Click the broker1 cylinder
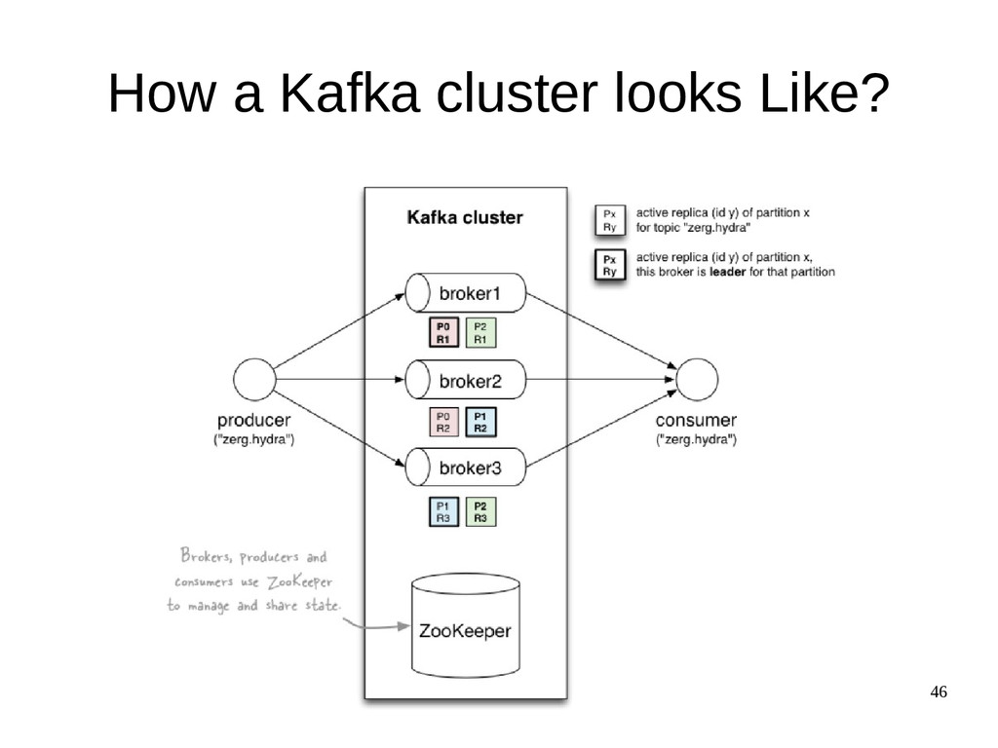466,293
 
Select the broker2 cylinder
466,380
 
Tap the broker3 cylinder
466,467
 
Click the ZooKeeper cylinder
466,625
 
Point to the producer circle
254,380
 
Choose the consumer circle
697,380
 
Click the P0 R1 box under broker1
443,333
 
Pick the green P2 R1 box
480,333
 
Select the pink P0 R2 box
443,423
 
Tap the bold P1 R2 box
480,423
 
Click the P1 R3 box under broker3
443,512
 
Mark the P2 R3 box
480,512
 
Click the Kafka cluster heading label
465,217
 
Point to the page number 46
939,692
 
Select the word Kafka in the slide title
350,93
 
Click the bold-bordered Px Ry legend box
610,266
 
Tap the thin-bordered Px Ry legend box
610,221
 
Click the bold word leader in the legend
727,273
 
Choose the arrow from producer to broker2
340,380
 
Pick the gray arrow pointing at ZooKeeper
376,626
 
